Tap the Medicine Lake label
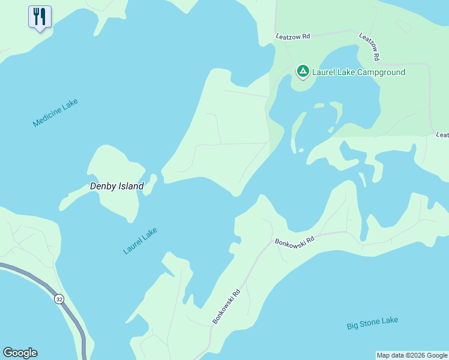pos(55,112)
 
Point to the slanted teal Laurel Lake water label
pos(140,240)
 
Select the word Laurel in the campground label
pos(325,73)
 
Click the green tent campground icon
pos(303,72)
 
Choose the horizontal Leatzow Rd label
pos(292,37)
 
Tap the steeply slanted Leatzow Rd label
pos(370,46)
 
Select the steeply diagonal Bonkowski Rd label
pos(226,307)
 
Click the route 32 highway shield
pos(59,299)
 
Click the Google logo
pos(20,353)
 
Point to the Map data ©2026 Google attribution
pos(412,355)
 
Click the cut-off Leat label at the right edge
pos(442,136)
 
